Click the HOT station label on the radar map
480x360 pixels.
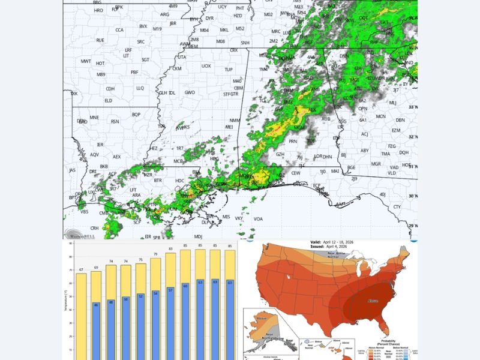[x=100, y=62]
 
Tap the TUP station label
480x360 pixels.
[x=228, y=70]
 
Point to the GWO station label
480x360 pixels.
[x=190, y=92]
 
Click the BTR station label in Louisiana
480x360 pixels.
[x=158, y=180]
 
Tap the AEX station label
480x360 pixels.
[x=116, y=157]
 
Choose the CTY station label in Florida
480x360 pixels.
[x=397, y=207]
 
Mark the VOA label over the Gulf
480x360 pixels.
[x=258, y=218]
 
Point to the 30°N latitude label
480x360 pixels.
[x=412, y=196]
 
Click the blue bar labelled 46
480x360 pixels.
[x=96, y=330]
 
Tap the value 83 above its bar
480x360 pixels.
[x=170, y=248]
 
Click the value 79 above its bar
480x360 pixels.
[x=155, y=254]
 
